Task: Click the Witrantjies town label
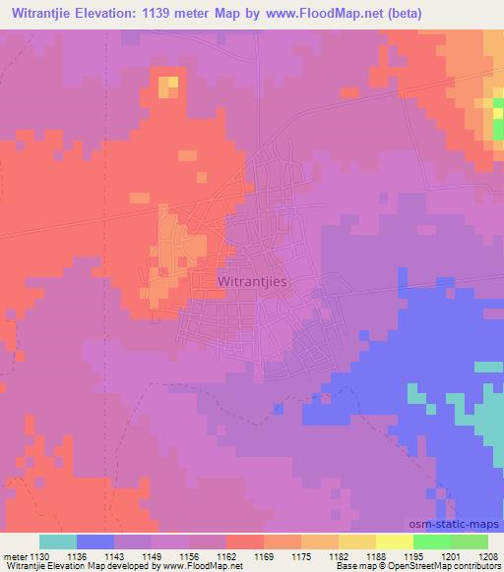click(255, 281)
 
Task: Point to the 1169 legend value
click(264, 555)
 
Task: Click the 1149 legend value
click(153, 555)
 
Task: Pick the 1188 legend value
click(375, 555)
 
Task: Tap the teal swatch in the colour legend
click(58, 542)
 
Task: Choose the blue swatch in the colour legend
click(95, 542)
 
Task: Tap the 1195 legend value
click(412, 555)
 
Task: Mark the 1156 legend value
click(190, 555)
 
